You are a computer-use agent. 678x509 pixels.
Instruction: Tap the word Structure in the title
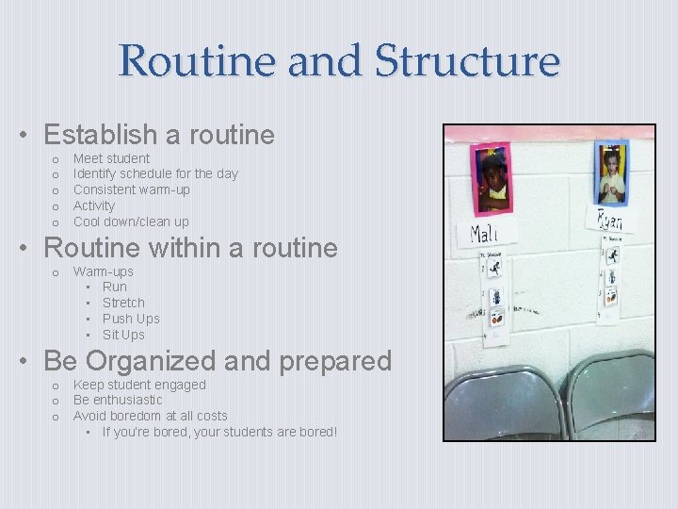click(467, 61)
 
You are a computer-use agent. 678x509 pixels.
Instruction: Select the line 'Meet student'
click(111, 158)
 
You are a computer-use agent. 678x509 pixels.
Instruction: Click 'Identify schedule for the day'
click(155, 173)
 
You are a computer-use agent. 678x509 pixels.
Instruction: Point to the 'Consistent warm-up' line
click(131, 189)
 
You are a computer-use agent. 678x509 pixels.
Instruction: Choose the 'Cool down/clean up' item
click(131, 222)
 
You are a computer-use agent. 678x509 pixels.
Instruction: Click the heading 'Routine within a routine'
click(190, 248)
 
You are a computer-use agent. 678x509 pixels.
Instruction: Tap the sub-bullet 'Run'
click(114, 287)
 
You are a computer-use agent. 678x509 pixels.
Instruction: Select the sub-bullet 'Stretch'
click(123, 303)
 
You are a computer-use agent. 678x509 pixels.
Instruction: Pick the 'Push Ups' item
click(131, 319)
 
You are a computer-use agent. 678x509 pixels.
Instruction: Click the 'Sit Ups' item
click(123, 335)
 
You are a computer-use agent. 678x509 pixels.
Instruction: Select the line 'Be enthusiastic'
click(118, 400)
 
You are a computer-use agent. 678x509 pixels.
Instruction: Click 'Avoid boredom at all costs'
click(150, 416)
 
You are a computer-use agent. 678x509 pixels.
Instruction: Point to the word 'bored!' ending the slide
click(315, 432)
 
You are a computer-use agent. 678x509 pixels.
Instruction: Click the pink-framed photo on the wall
click(491, 179)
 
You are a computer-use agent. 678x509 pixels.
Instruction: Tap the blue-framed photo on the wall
click(610, 173)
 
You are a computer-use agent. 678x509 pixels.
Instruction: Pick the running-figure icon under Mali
click(494, 269)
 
